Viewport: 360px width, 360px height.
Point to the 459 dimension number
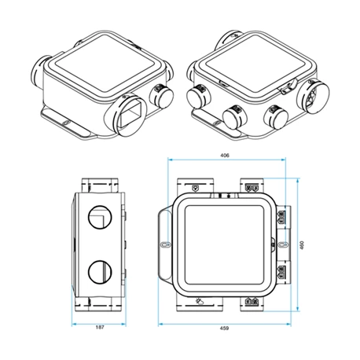(225, 327)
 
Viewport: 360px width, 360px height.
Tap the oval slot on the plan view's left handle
(165, 244)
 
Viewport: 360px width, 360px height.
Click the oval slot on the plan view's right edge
(276, 244)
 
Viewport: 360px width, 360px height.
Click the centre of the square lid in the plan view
(225, 244)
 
